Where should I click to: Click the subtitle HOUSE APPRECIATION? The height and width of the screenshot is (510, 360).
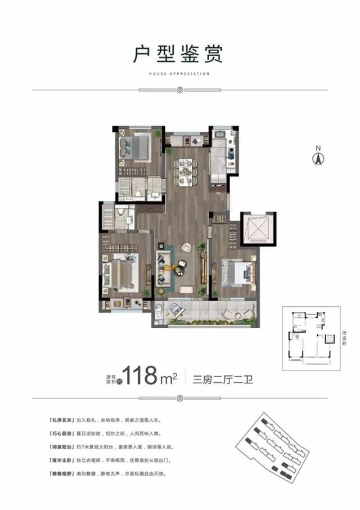pyautogui.click(x=179, y=74)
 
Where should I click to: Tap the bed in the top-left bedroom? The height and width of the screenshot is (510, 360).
pyautogui.click(x=136, y=147)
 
